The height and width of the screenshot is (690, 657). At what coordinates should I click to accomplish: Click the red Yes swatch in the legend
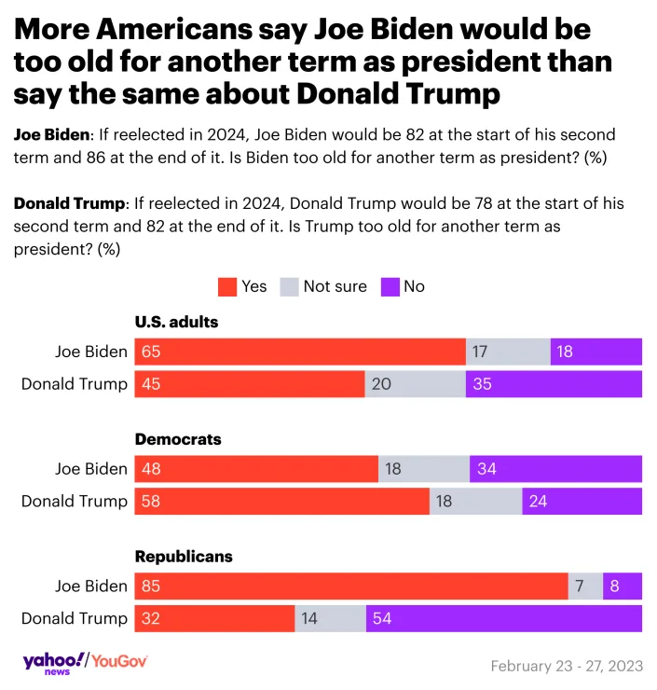point(226,286)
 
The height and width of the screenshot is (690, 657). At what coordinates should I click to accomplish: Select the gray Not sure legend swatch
point(289,286)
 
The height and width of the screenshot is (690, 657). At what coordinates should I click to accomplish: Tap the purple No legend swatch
point(390,286)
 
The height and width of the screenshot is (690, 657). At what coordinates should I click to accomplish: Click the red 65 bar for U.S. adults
point(300,352)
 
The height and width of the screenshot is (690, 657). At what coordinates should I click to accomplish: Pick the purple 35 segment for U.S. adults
point(554,384)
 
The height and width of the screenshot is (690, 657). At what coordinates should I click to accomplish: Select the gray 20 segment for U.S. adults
point(415,384)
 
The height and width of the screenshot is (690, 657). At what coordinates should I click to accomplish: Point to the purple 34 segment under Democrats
point(555,469)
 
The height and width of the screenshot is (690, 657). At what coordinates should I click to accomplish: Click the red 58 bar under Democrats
point(281,502)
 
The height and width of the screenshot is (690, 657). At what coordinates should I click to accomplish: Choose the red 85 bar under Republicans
point(351,586)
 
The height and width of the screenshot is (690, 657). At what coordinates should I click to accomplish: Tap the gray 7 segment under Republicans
point(585,586)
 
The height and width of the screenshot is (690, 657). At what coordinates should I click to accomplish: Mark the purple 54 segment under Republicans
point(503,618)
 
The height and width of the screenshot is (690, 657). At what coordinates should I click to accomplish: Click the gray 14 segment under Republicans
point(331,618)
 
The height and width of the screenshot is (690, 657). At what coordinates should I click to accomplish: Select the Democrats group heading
point(178,438)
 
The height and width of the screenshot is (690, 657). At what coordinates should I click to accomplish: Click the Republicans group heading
point(184,557)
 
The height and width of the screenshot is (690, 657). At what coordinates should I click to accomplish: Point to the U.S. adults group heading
point(177,322)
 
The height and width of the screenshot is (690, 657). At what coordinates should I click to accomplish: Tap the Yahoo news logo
point(52,662)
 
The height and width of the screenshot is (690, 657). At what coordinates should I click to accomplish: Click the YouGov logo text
point(118,661)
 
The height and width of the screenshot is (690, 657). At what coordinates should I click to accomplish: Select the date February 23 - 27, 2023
point(566,666)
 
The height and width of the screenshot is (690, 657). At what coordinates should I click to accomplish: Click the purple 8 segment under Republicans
point(623,586)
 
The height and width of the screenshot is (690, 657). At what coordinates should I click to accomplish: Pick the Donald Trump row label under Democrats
point(75,502)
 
